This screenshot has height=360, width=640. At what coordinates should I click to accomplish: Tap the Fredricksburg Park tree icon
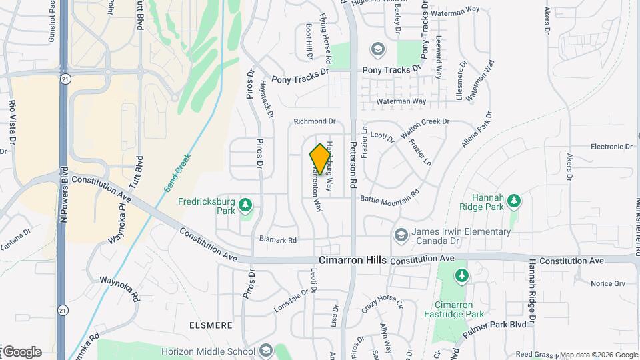tap(246, 203)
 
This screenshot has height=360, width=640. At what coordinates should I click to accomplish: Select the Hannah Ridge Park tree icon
tap(513, 200)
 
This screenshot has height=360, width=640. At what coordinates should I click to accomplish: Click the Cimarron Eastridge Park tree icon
tap(461, 275)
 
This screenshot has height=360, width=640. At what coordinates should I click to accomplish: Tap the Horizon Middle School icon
tap(265, 351)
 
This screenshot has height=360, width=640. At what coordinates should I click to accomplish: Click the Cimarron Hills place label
tap(352, 260)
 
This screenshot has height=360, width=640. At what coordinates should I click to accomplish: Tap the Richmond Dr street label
tap(315, 121)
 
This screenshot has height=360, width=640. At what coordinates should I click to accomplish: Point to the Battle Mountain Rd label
tap(389, 196)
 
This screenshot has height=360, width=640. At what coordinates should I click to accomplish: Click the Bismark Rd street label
tap(277, 239)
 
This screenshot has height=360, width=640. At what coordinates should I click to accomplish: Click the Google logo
tap(21, 351)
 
